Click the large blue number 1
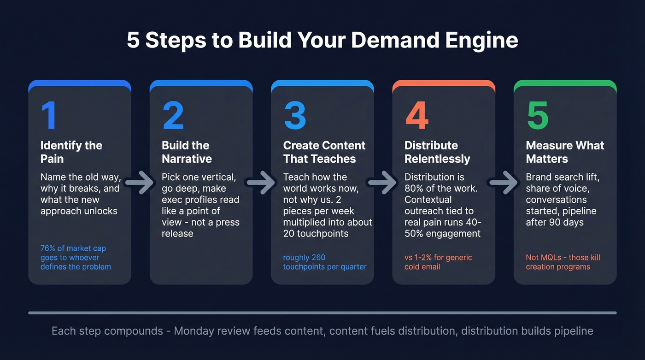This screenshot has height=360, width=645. (49, 115)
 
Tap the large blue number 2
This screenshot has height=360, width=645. (173, 115)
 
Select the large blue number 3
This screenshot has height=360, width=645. (295, 115)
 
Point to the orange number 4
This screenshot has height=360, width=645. (417, 115)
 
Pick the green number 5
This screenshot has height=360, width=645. (538, 115)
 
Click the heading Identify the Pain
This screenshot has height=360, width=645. (71, 152)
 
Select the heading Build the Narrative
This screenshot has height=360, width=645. (187, 152)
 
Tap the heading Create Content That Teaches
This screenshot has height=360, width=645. (324, 152)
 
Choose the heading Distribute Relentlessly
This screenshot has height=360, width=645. (437, 152)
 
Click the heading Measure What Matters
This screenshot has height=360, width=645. (565, 152)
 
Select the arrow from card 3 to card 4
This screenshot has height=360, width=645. (383, 183)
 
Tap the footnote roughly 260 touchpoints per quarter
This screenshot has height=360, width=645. (324, 262)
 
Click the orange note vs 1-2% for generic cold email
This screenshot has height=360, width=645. (438, 262)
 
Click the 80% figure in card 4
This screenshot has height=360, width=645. (415, 188)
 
